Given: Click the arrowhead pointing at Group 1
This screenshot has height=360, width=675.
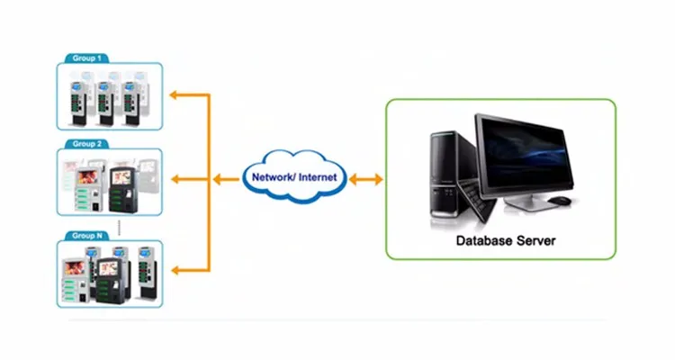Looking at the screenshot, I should (174, 94).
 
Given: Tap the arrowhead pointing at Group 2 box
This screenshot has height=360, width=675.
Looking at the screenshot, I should (174, 180).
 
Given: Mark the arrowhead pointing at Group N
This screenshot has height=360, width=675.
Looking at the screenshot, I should (174, 267).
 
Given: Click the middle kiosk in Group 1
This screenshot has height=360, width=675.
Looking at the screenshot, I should (106, 99).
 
